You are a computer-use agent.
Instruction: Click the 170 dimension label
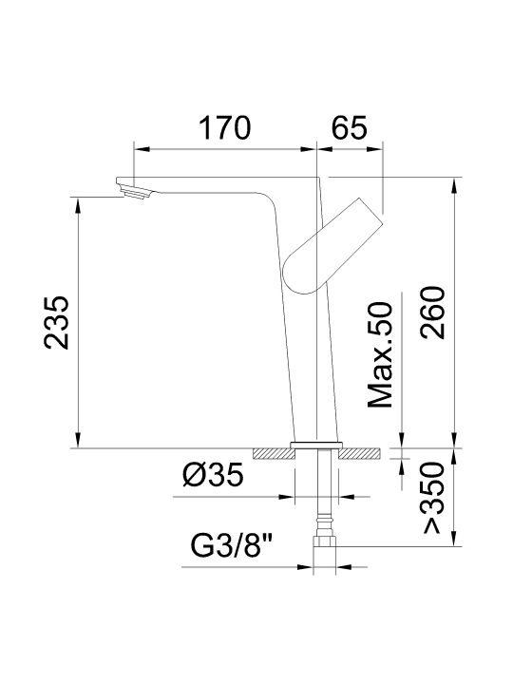coord(224,128)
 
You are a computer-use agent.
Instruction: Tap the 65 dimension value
coord(349,128)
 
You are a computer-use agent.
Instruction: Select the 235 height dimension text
coord(56,323)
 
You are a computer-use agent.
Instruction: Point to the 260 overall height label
coord(432,313)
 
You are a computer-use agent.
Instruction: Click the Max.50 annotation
coord(380,354)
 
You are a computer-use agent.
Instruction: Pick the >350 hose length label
coord(433,497)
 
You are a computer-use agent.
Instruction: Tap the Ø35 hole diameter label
coord(213,475)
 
